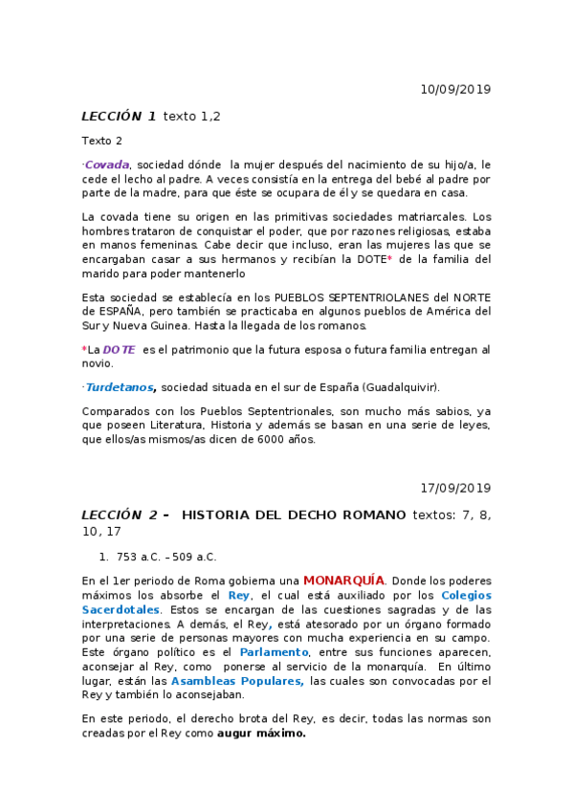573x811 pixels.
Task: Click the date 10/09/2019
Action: (455, 89)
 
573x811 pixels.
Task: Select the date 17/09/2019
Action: (455, 488)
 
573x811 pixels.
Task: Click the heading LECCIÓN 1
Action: (119, 117)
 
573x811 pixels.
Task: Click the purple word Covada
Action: (107, 164)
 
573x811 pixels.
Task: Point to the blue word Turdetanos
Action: (121, 387)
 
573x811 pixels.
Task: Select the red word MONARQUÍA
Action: (344, 581)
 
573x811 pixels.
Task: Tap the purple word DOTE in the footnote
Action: (119, 350)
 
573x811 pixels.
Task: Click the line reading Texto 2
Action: (102, 141)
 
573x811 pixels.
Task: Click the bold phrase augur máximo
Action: (261, 734)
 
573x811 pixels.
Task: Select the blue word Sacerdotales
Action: (121, 609)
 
